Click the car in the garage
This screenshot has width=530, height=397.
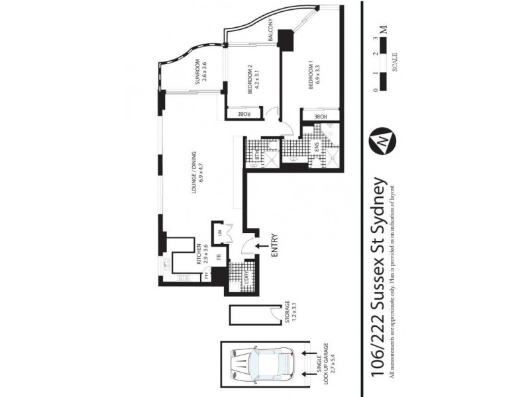point(259,365)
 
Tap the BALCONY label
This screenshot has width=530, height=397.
point(272,30)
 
